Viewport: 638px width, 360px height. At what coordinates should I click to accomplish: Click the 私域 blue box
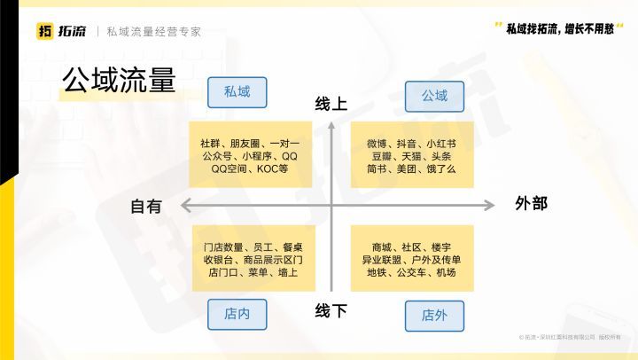[x=237, y=92]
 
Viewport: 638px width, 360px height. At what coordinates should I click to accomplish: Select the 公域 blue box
[x=434, y=97]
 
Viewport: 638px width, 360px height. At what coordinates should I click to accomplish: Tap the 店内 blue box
[x=237, y=315]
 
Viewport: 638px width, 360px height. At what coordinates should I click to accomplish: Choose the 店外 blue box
[x=434, y=316]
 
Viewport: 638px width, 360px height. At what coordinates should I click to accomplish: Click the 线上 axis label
[x=331, y=104]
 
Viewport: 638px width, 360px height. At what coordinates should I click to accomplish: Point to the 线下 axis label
[x=331, y=311]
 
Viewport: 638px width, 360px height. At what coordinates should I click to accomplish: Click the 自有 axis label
[x=146, y=207]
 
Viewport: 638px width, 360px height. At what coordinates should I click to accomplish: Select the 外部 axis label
[x=531, y=203]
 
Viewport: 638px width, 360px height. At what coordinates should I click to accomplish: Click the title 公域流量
[x=119, y=80]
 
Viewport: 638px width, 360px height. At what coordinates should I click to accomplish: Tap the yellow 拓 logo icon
[x=45, y=31]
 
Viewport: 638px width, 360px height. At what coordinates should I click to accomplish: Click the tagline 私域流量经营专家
[x=154, y=32]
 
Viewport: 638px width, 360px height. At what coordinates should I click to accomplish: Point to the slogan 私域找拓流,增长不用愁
[x=560, y=28]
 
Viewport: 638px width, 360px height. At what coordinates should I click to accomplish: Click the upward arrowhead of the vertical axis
[x=331, y=125]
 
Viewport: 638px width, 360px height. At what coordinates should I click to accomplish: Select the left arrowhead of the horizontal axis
[x=185, y=205]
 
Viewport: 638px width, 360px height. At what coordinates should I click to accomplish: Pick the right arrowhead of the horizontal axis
[x=489, y=205]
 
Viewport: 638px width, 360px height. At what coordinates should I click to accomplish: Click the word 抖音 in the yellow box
[x=407, y=144]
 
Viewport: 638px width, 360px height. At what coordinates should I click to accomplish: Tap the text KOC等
[x=273, y=168]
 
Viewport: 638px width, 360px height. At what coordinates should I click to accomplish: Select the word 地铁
[x=377, y=272]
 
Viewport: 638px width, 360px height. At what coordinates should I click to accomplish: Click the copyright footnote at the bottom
[x=570, y=337]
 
